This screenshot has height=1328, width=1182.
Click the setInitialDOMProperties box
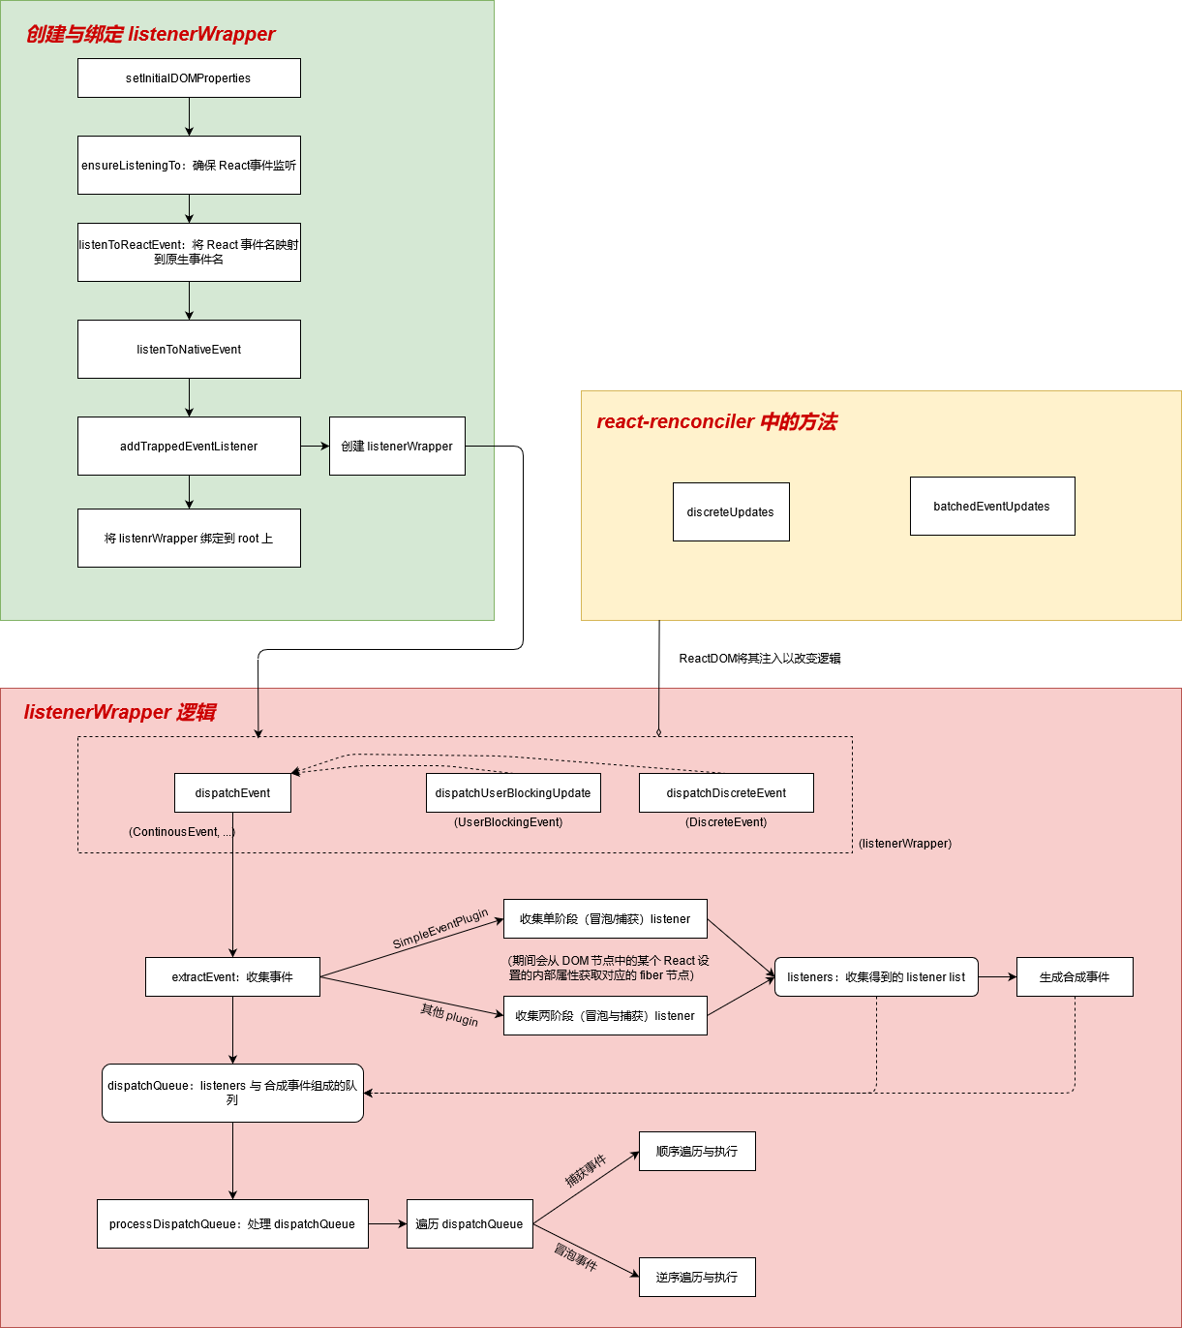click(189, 78)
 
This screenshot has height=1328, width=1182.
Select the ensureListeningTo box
click(189, 166)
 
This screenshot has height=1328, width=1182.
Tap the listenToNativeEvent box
click(189, 350)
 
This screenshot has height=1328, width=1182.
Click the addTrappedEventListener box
click(189, 447)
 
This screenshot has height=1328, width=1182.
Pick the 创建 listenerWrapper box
click(397, 447)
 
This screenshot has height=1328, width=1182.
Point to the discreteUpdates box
click(731, 512)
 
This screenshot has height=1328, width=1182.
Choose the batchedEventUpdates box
click(992, 507)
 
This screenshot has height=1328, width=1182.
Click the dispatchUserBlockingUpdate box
click(513, 793)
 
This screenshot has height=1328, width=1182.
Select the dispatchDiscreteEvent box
click(726, 793)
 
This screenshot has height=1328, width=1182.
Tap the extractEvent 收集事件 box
click(232, 977)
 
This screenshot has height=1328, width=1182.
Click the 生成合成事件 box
click(1075, 977)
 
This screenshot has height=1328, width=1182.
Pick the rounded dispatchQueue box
click(232, 1094)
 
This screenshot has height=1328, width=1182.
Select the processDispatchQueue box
click(232, 1224)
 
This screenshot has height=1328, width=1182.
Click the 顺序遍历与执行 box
click(697, 1152)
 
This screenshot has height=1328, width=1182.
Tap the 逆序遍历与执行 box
click(697, 1278)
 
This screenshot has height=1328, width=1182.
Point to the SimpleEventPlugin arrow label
click(440, 930)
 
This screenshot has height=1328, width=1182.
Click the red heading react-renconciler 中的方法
click(716, 422)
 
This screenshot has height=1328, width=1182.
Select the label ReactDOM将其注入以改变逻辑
click(760, 659)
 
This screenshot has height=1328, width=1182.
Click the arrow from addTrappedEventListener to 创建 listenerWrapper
click(315, 447)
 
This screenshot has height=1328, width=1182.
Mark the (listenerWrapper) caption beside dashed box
click(905, 844)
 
